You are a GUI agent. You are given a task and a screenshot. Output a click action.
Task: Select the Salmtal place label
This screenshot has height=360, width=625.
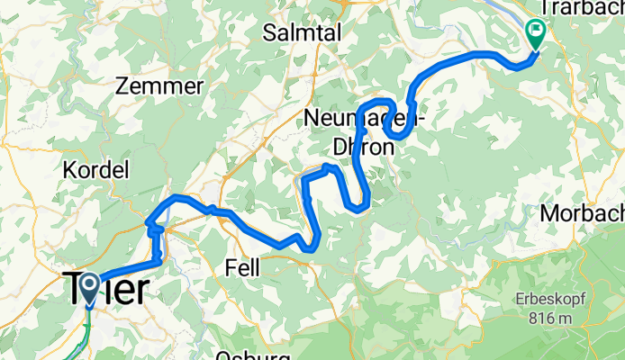click(301, 33)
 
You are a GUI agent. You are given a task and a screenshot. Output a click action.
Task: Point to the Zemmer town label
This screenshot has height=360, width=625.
click(159, 86)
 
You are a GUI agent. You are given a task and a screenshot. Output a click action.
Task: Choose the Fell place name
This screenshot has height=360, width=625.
click(241, 267)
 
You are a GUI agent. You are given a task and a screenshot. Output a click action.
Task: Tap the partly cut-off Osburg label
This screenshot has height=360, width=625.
click(251, 355)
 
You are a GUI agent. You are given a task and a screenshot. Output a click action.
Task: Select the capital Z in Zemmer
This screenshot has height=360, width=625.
click(122, 86)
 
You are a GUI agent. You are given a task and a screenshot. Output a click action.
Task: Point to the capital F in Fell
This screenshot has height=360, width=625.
click(228, 267)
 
